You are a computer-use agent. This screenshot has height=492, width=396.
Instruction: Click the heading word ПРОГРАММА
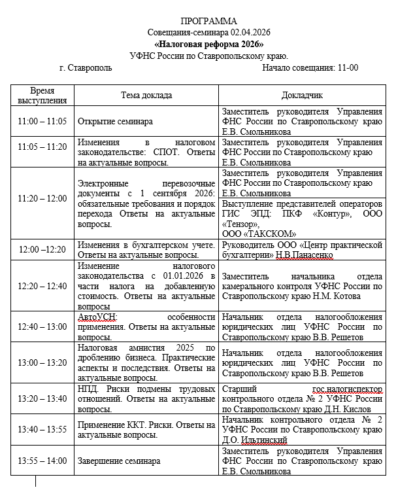208,22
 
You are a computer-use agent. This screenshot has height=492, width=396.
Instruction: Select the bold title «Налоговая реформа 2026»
208,44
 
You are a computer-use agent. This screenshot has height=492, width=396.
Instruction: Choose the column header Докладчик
301,95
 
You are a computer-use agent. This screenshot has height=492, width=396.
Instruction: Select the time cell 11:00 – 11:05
42,122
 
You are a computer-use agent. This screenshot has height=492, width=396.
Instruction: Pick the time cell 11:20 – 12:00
42,198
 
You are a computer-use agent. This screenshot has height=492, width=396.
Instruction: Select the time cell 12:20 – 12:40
42,286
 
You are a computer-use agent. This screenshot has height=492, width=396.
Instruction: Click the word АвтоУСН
95,317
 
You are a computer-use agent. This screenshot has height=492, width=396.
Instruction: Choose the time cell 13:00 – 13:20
42,362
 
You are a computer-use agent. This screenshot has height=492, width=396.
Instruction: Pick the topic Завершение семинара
119,461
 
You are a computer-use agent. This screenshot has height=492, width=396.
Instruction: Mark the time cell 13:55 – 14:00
42,461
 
